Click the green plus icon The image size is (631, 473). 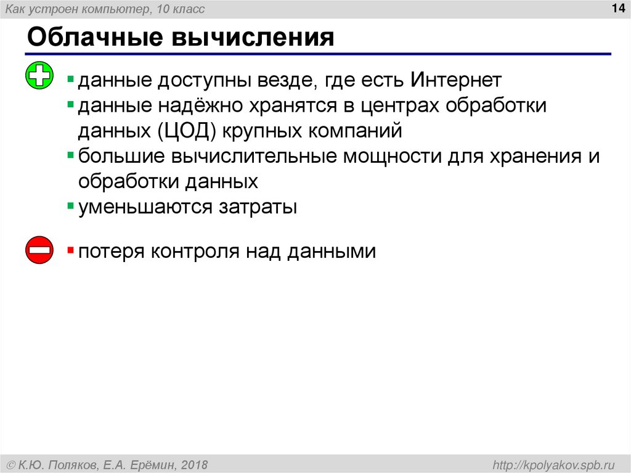tap(39, 77)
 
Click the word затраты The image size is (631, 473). tap(258, 207)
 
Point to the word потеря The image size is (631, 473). tap(112, 252)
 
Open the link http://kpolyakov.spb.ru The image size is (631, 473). tap(551, 464)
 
